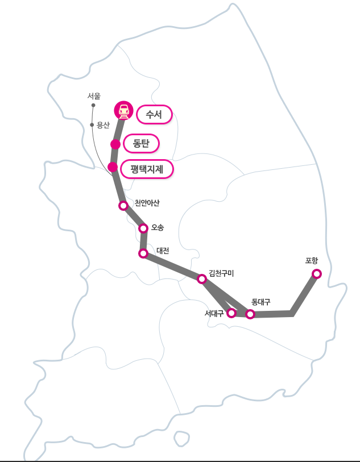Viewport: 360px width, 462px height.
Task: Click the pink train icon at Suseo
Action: pyautogui.click(x=123, y=110)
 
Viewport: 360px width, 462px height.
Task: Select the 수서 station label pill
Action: pyautogui.click(x=154, y=115)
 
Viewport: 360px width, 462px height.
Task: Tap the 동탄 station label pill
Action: pyautogui.click(x=141, y=143)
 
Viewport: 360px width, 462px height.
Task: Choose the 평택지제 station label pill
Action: pyautogui.click(x=147, y=169)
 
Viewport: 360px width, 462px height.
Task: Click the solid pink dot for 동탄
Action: pyautogui.click(x=115, y=144)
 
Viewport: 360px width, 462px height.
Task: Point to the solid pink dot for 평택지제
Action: pyautogui.click(x=113, y=167)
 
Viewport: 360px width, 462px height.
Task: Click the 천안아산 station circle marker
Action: pyautogui.click(x=123, y=205)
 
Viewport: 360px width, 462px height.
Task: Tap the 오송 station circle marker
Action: pyautogui.click(x=143, y=228)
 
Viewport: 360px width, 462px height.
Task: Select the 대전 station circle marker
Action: pyautogui.click(x=143, y=253)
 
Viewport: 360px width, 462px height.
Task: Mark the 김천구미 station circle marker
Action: pyautogui.click(x=201, y=278)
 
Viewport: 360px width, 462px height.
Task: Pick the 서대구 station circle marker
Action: pyautogui.click(x=231, y=313)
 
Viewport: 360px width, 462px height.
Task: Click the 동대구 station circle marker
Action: pyautogui.click(x=250, y=314)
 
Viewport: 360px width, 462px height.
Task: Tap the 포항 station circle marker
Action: pyautogui.click(x=317, y=274)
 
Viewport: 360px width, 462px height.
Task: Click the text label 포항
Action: pyautogui.click(x=312, y=261)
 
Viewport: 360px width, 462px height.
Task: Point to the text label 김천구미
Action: pyautogui.click(x=221, y=273)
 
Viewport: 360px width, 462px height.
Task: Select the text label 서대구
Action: pyautogui.click(x=214, y=313)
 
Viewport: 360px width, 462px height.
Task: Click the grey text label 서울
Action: pyautogui.click(x=94, y=96)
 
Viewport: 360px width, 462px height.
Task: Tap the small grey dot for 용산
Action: pyautogui.click(x=92, y=124)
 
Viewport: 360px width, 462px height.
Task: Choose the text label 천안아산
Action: pyautogui.click(x=147, y=203)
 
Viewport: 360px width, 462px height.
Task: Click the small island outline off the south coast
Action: pyautogui.click(x=181, y=438)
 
